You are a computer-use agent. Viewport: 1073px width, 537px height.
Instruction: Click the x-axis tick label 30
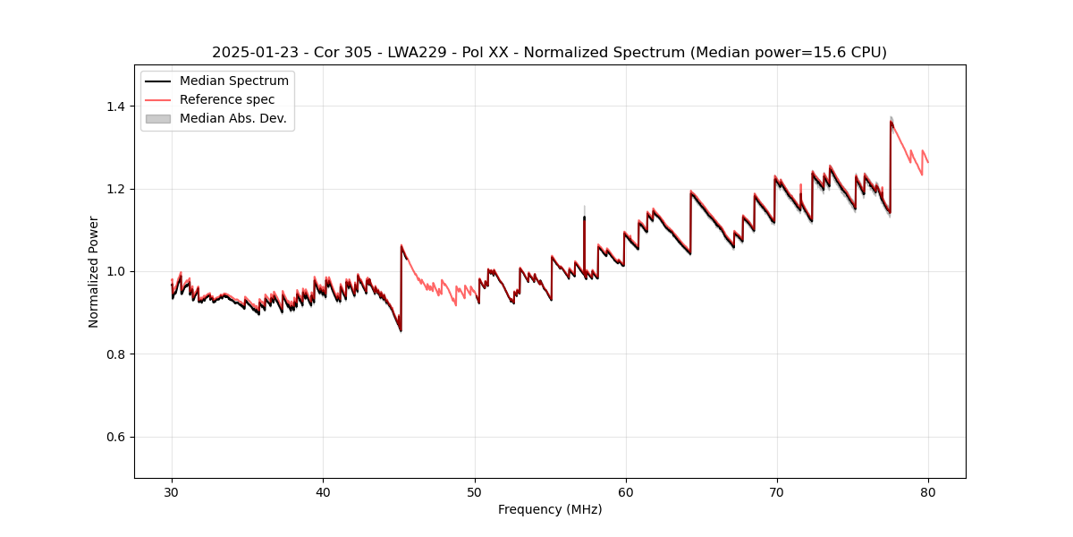(172, 492)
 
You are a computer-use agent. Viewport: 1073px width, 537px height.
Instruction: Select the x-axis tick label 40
(323, 492)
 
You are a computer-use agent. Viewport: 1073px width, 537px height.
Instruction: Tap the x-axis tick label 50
(474, 492)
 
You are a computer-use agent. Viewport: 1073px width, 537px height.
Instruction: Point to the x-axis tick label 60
(626, 492)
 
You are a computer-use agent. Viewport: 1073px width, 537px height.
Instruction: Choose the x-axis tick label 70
(777, 492)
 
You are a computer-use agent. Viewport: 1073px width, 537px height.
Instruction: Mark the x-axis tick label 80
(928, 492)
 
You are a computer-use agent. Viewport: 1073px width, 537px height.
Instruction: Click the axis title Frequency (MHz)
(550, 509)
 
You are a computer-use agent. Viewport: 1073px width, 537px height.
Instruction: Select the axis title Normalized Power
(94, 271)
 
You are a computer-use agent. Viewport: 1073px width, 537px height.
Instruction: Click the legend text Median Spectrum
(234, 81)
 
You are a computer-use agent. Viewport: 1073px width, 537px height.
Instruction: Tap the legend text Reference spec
(227, 99)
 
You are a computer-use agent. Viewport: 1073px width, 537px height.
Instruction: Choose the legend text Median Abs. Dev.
(233, 118)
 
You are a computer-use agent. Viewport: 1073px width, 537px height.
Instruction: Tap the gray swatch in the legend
(157, 118)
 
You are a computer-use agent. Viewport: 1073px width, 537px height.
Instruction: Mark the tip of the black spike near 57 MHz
(584, 217)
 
